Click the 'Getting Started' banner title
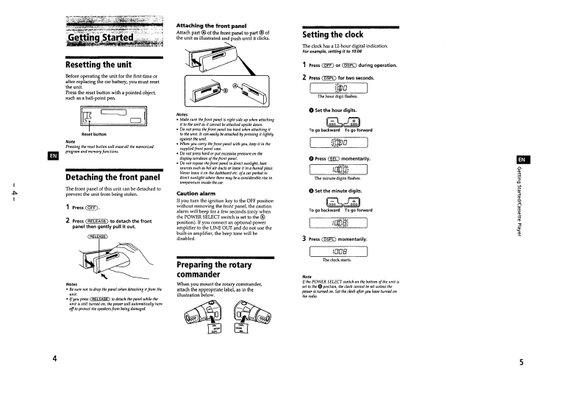101,37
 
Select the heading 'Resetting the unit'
99,65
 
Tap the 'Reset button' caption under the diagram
94,135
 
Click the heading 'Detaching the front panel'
113,177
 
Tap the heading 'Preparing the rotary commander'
218,269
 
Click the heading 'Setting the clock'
333,35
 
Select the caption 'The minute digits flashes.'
339,178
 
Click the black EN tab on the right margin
520,160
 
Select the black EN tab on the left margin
53,155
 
